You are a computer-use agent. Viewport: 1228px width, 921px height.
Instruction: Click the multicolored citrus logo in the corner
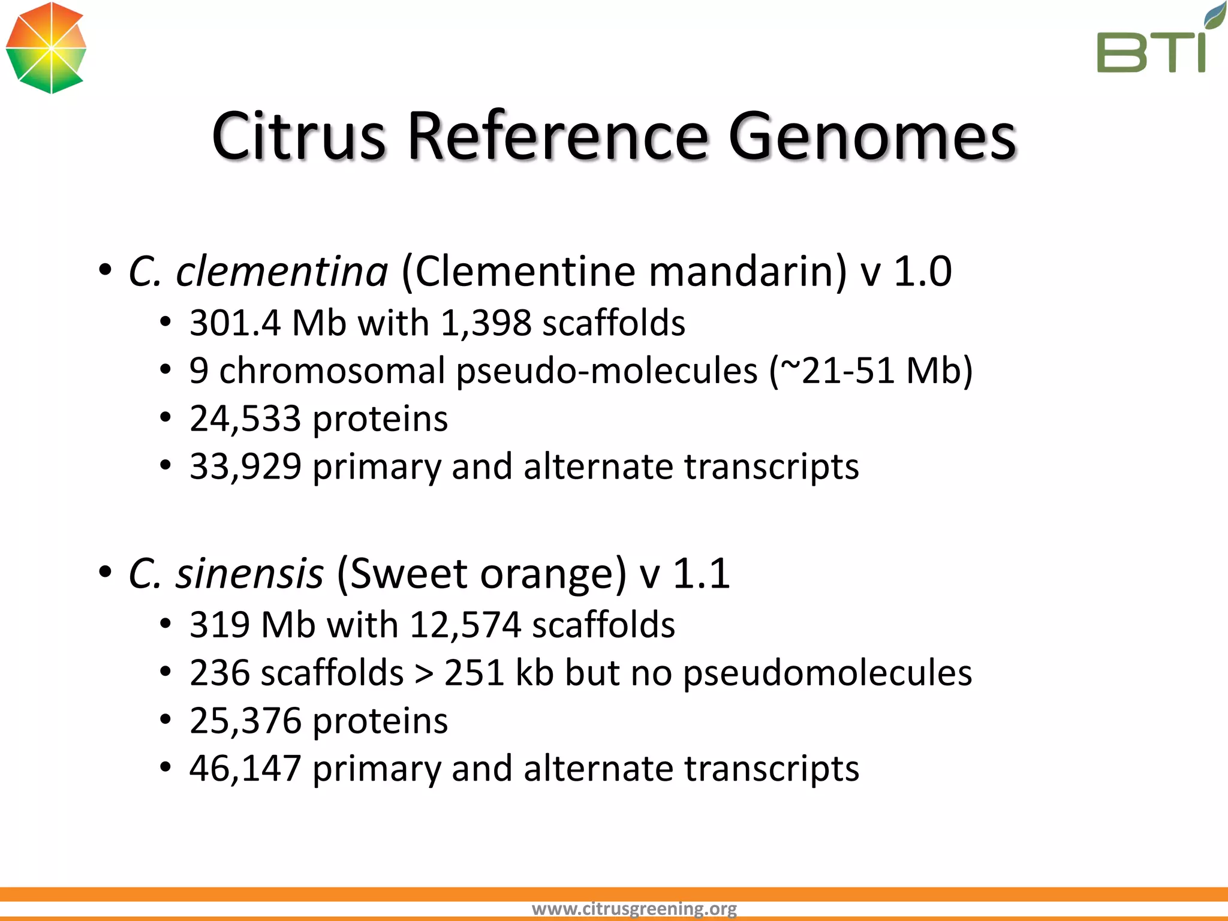point(46,48)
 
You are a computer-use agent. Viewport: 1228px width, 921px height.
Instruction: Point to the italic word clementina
point(282,272)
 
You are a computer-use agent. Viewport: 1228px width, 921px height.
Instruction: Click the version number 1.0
point(922,272)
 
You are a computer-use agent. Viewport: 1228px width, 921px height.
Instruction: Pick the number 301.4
point(235,323)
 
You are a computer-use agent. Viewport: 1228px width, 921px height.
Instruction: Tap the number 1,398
point(486,323)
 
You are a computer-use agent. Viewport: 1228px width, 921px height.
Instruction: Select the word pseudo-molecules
point(607,371)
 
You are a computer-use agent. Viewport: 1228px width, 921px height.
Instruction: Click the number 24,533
point(245,419)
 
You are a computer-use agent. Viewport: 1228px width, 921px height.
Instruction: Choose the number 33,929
point(245,466)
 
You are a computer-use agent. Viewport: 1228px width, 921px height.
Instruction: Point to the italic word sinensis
point(249,574)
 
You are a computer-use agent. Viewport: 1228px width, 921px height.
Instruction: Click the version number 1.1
point(701,574)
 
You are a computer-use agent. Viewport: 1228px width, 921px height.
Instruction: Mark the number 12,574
point(465,625)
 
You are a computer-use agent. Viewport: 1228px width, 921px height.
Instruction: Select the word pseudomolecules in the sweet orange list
point(827,673)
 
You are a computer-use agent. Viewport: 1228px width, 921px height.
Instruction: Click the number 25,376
point(245,721)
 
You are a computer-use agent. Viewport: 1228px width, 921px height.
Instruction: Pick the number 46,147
point(245,769)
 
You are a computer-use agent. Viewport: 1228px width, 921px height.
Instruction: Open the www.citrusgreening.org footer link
point(634,909)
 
